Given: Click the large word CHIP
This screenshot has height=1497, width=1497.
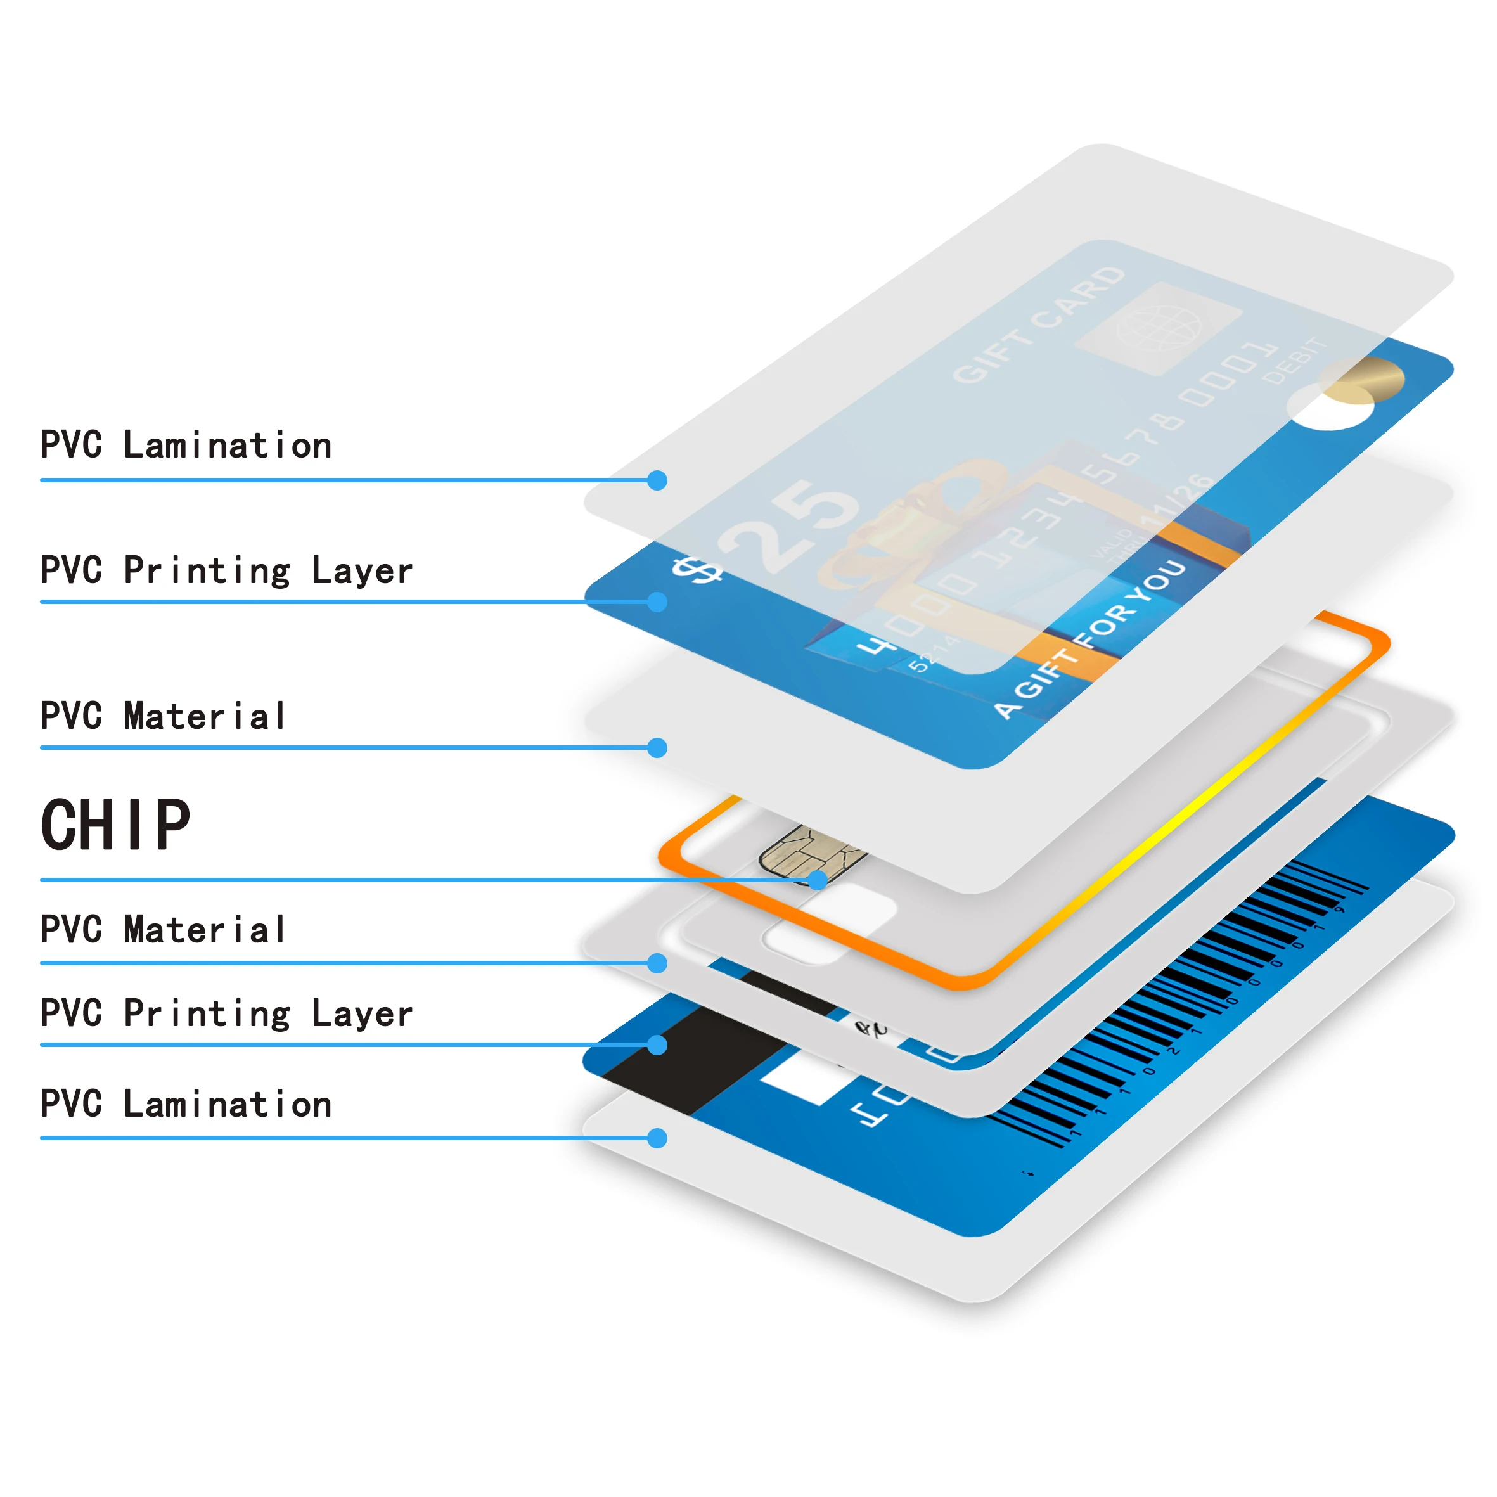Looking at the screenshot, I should point(115,825).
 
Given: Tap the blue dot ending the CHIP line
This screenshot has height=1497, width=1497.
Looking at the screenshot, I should point(817,880).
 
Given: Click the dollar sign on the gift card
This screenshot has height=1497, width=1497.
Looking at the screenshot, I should point(695,571).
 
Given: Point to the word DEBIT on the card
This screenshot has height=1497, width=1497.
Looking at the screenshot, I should point(1294,360).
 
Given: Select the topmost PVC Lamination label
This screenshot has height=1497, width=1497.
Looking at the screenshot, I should point(186,446).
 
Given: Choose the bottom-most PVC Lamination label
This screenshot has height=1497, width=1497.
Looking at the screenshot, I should point(186,1104).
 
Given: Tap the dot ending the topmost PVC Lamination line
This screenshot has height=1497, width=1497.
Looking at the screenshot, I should point(657,480).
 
